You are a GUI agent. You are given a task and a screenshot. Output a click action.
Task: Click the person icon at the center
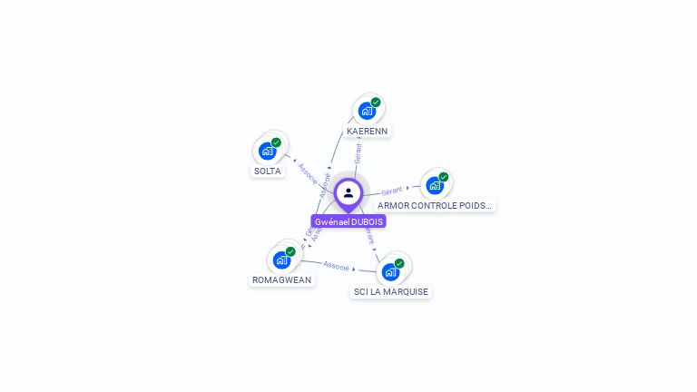(348, 192)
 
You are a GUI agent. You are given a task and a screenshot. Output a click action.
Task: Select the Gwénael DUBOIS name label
(348, 221)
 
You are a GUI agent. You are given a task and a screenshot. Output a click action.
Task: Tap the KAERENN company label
(368, 131)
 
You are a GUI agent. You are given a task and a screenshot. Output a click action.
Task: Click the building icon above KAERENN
(367, 111)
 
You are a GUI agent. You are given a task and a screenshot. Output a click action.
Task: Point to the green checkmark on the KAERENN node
(376, 103)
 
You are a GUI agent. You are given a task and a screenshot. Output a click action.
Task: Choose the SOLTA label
(268, 171)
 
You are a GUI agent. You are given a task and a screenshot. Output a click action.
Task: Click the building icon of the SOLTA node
(267, 151)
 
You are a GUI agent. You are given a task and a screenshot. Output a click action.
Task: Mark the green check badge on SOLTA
(276, 142)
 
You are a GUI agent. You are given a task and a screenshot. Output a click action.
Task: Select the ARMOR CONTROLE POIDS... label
(435, 206)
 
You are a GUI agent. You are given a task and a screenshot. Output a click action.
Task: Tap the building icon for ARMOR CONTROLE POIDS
(435, 186)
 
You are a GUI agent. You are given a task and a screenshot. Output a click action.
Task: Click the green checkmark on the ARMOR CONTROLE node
(444, 177)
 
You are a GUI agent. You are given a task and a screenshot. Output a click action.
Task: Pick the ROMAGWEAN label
(282, 279)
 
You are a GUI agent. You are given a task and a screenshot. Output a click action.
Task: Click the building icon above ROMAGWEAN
(281, 260)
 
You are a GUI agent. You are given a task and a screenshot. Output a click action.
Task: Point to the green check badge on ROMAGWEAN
(290, 251)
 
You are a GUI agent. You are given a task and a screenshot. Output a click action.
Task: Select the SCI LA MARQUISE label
(391, 291)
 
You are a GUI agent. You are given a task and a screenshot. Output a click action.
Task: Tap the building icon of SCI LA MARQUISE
(390, 271)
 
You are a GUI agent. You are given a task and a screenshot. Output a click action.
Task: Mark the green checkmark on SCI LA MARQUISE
(399, 263)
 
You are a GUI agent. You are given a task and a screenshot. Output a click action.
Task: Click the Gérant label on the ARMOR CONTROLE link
(392, 191)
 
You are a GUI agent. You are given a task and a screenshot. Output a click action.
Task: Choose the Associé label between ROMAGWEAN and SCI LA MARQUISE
(337, 266)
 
